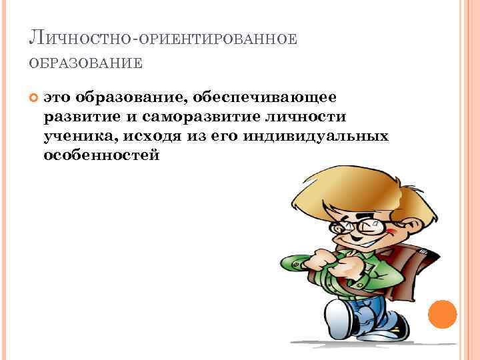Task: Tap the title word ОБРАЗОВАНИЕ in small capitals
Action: [x=85, y=64]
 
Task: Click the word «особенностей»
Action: [x=101, y=155]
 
